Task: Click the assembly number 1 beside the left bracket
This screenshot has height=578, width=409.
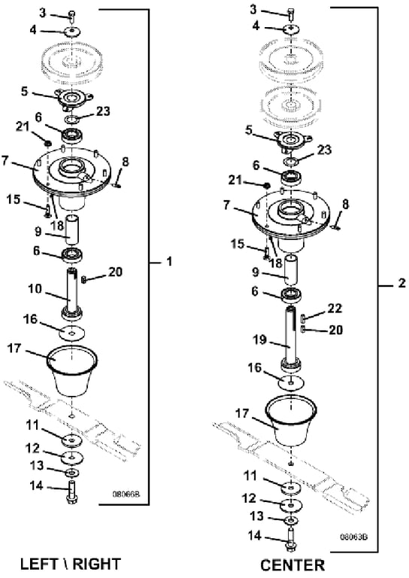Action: coord(169,262)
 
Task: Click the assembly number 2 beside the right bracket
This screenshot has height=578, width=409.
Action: coord(401,283)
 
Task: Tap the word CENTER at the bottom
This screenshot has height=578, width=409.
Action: coord(292,565)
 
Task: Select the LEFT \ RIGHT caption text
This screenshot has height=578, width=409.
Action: coord(71,564)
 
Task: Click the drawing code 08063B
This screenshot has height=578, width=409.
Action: coord(354,537)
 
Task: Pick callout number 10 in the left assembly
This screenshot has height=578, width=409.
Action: coord(35,289)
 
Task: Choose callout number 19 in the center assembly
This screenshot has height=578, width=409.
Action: coord(259,339)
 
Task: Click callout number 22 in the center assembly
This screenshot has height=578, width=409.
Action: coord(335,308)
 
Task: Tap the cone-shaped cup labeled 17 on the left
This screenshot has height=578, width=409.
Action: coord(72,370)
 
